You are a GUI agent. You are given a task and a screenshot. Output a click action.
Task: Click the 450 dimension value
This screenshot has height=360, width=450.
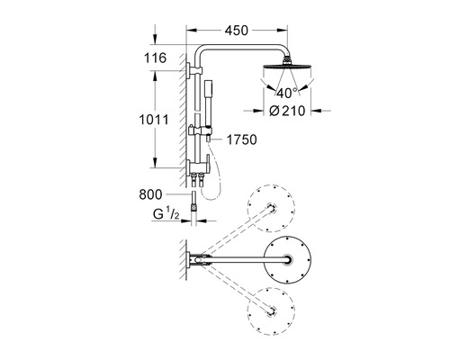(x=237, y=31)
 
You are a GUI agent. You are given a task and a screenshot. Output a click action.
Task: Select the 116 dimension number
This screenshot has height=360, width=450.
(x=155, y=58)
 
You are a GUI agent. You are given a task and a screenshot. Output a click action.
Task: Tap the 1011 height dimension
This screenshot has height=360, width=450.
(x=154, y=120)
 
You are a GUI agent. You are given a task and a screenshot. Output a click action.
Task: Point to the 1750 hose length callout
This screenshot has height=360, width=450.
(x=241, y=139)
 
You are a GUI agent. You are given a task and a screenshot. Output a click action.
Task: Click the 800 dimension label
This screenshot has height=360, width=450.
(x=150, y=194)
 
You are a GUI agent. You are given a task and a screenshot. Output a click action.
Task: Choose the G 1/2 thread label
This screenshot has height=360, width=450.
(x=166, y=214)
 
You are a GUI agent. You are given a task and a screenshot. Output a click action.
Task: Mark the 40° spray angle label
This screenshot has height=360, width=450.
(x=287, y=93)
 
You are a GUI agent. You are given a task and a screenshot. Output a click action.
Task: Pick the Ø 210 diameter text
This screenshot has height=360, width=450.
(x=287, y=111)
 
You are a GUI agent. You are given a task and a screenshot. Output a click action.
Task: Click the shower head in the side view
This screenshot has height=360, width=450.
(x=287, y=67)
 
